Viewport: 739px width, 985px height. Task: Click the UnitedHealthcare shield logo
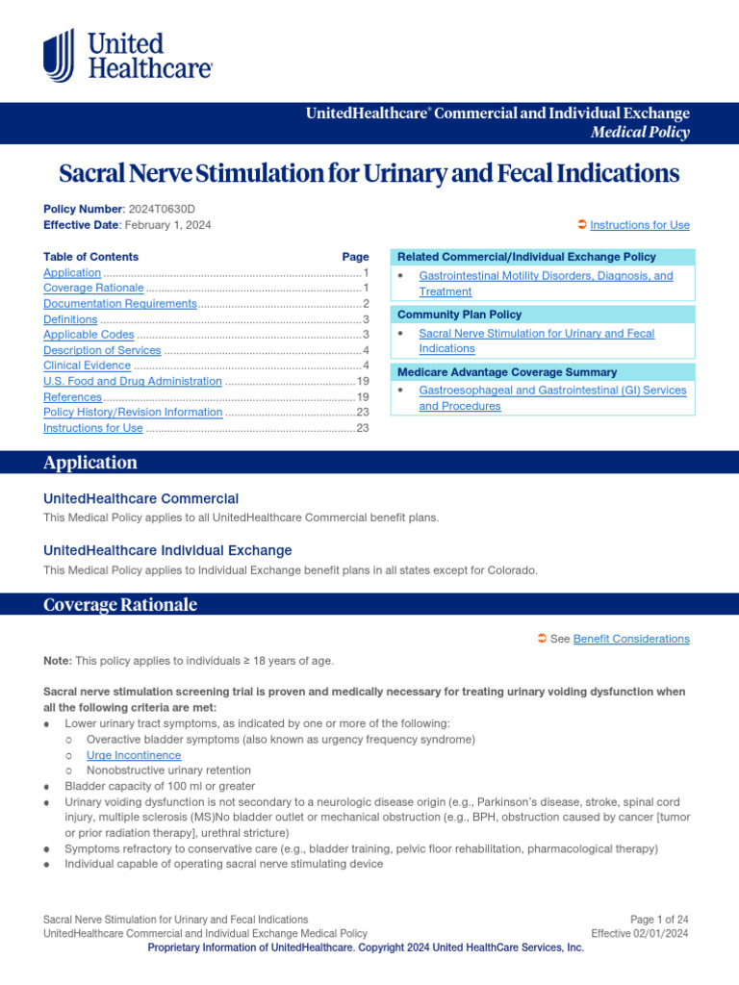point(58,55)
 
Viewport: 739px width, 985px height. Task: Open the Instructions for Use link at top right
point(639,225)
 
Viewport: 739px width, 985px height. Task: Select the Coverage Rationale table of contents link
point(92,289)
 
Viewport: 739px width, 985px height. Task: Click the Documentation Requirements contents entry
point(119,304)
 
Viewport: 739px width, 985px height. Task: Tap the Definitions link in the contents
point(70,319)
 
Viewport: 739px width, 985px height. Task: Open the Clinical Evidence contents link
point(87,366)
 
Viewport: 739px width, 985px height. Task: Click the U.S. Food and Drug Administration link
point(132,381)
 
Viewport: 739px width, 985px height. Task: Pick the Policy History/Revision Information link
point(133,412)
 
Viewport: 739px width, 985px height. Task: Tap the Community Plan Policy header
point(460,315)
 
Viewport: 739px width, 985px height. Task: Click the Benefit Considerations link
point(631,639)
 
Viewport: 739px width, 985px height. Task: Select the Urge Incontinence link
point(134,755)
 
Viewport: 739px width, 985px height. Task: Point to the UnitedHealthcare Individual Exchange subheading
point(167,550)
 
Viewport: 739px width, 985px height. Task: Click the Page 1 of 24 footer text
point(659,920)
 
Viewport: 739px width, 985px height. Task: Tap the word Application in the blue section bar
point(90,463)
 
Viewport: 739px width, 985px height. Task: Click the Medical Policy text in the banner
point(640,133)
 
